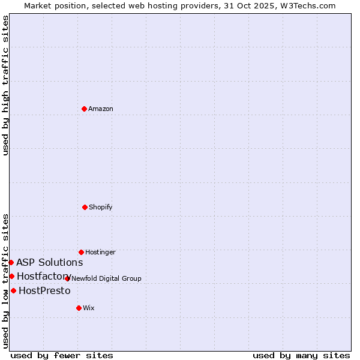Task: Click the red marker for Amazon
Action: tap(84, 109)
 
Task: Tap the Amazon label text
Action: tap(101, 109)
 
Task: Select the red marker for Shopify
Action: tap(85, 207)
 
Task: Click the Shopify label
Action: tap(101, 208)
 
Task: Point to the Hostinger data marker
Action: tap(81, 252)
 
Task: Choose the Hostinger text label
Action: tap(100, 253)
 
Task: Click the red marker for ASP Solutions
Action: tap(11, 262)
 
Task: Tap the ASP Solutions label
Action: tap(49, 263)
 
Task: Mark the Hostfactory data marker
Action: tap(11, 276)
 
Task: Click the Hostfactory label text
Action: tap(44, 277)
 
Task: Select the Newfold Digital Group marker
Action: tap(67, 278)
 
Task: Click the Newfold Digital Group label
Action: tap(106, 279)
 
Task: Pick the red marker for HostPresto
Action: tap(13, 290)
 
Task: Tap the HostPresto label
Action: tap(44, 291)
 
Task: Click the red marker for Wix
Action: tap(79, 308)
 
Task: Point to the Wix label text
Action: tap(89, 308)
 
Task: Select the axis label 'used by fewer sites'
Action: tap(62, 356)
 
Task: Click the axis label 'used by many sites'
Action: tap(301, 356)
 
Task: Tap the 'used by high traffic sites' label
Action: tap(5, 86)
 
